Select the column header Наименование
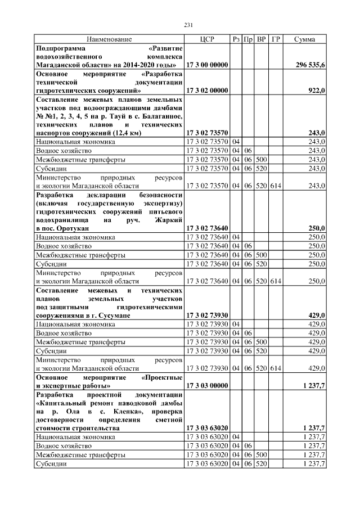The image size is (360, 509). coord(109,39)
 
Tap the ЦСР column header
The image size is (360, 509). coord(207,39)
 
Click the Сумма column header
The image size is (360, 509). coord(304,39)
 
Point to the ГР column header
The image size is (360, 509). coord(276,39)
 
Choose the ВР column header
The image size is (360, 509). coord(261,39)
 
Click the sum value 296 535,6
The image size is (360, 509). coord(310,65)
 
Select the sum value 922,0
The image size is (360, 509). coord(317,90)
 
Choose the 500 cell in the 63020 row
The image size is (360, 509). coord(261,454)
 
